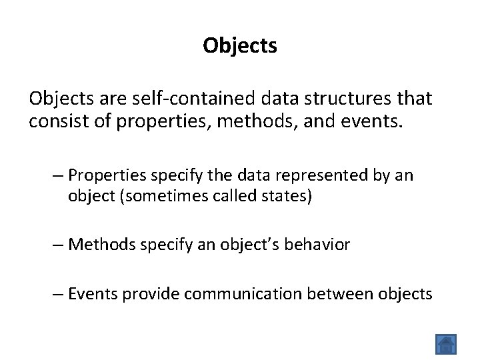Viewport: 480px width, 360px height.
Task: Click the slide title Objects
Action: click(240, 45)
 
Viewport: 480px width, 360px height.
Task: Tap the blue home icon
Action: click(446, 343)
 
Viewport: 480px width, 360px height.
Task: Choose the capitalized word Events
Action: click(93, 293)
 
